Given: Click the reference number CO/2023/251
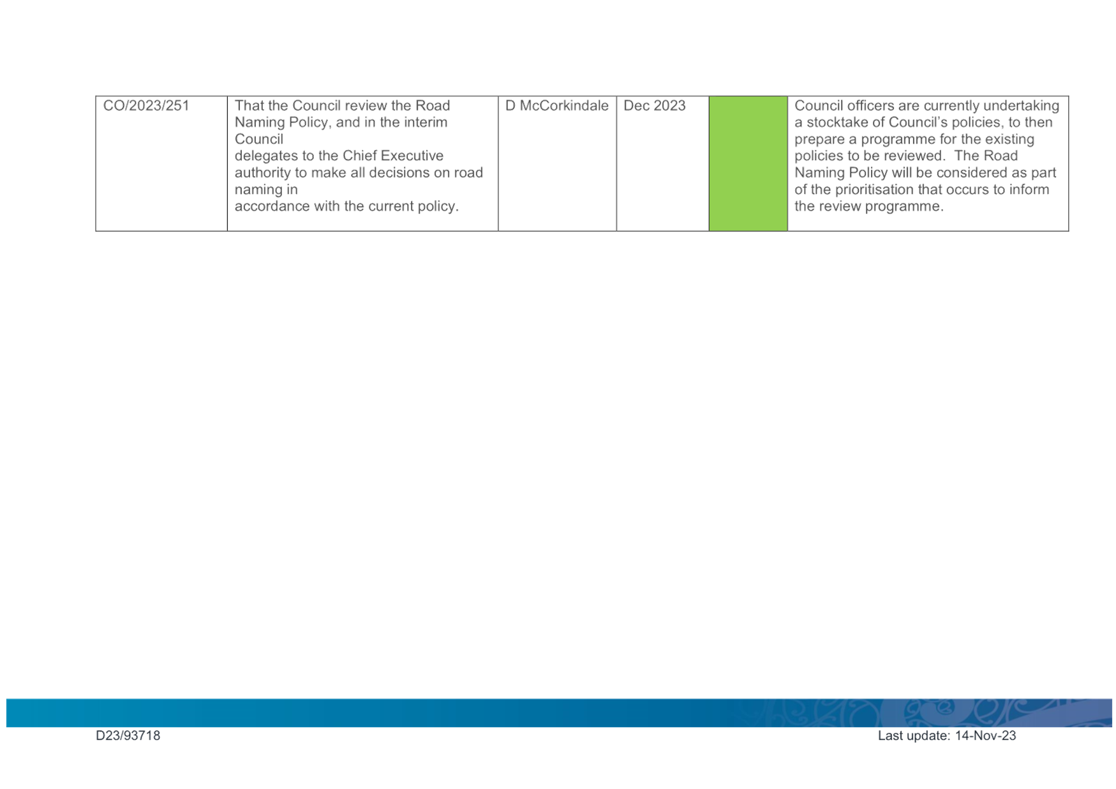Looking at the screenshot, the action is [146, 105].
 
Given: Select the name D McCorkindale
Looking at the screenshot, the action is [556, 105].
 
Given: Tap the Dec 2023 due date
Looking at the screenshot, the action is [654, 105].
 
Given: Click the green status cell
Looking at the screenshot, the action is [748, 163].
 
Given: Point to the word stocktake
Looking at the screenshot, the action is [838, 122].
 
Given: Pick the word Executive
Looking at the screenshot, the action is [412, 156].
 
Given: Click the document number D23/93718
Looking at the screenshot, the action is [128, 735].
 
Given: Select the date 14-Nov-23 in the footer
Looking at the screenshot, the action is [985, 735].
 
